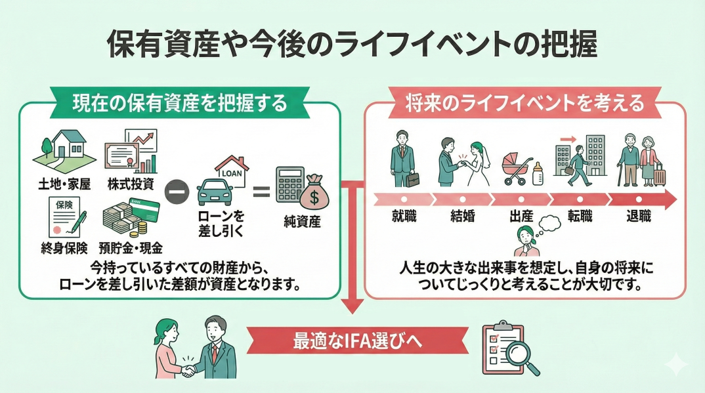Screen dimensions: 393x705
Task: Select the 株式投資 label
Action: coord(132,183)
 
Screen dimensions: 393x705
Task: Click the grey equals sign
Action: coord(261,192)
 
